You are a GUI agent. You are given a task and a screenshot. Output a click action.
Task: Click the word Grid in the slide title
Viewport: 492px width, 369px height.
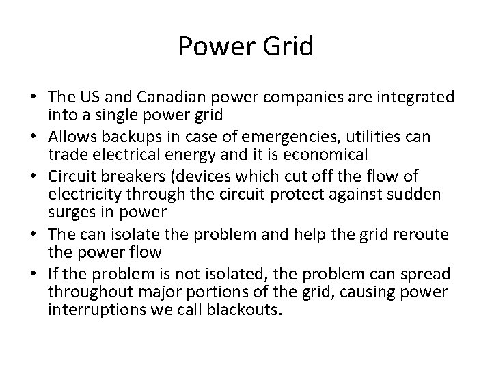coord(288,46)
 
